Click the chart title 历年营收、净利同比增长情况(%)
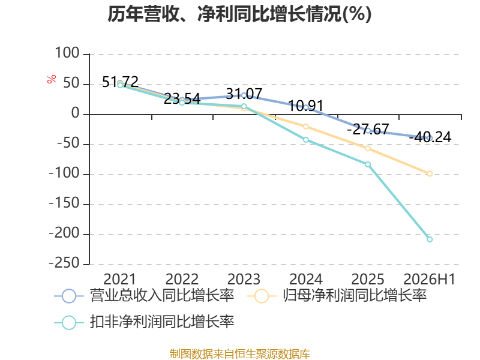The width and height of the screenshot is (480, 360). (239, 14)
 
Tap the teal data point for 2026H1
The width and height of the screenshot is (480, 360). (430, 239)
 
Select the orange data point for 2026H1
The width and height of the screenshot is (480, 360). (430, 173)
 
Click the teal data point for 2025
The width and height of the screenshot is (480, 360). (368, 164)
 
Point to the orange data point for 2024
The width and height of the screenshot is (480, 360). (306, 127)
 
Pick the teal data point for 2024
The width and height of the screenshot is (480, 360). (306, 140)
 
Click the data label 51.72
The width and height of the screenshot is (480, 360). (120, 82)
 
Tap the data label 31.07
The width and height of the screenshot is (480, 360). (244, 94)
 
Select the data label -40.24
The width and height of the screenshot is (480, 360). (430, 137)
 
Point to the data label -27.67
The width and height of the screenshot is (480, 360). (368, 129)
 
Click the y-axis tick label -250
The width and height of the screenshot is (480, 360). (65, 263)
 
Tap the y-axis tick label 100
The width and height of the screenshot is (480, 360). (67, 53)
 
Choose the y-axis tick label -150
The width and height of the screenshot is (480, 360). (65, 203)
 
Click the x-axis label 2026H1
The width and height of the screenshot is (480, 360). (430, 279)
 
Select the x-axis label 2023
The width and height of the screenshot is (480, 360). (244, 279)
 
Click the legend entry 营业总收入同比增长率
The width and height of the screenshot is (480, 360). (144, 296)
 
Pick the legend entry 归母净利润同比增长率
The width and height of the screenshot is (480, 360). (337, 296)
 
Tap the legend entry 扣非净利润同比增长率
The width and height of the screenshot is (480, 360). (144, 322)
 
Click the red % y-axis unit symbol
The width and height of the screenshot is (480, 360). (52, 79)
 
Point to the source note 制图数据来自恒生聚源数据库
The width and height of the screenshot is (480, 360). (240, 354)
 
